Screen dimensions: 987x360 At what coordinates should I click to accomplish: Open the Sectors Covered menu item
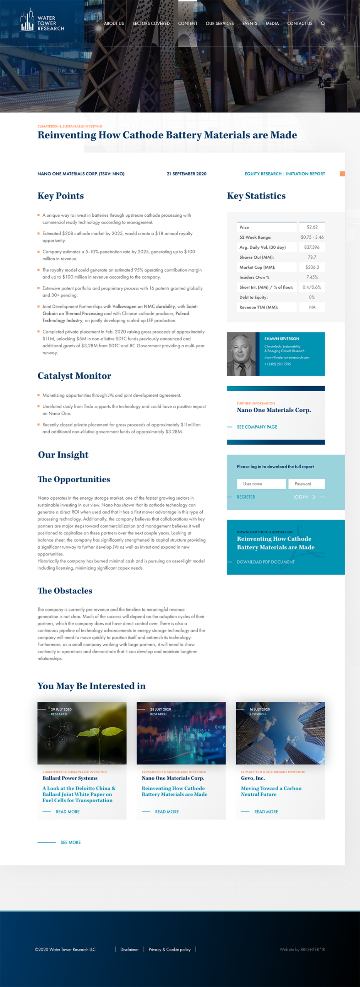tap(151, 24)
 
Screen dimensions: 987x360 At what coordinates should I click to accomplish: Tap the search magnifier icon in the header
tap(323, 24)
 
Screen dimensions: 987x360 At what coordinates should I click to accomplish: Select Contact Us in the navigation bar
tap(299, 24)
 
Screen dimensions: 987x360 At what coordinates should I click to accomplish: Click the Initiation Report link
tap(305, 174)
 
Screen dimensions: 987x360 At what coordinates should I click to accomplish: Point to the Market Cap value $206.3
tap(312, 267)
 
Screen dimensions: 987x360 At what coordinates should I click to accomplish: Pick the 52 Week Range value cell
tap(312, 237)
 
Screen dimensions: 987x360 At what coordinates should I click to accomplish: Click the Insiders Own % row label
tap(254, 277)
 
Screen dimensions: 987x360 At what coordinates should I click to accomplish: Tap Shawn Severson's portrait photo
tap(241, 354)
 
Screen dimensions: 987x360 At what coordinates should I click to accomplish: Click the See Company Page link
tap(257, 427)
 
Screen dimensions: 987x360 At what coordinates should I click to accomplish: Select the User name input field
tap(261, 484)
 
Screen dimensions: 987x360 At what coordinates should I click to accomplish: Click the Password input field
tap(306, 484)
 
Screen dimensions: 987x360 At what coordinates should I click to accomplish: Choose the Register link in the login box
tap(246, 497)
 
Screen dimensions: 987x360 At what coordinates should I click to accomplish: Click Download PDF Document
tap(266, 562)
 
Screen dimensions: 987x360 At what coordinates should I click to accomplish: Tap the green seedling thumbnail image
tap(82, 733)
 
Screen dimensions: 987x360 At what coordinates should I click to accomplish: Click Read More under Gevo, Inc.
tap(266, 812)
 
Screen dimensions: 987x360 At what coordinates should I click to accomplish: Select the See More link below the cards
tap(71, 842)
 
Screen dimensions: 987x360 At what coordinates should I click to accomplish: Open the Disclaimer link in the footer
tap(129, 950)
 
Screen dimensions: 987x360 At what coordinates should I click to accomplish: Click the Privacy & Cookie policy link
tap(170, 950)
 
